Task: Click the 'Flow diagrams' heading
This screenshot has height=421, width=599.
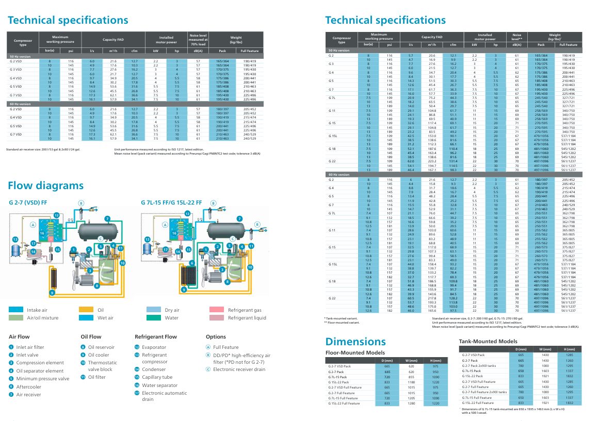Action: tap(45, 186)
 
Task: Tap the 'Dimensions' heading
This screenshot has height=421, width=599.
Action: tap(355, 342)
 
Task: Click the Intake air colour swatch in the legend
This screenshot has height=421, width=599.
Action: tap(16, 310)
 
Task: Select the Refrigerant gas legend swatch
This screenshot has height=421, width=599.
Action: tap(217, 310)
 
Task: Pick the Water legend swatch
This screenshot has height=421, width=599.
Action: tap(154, 318)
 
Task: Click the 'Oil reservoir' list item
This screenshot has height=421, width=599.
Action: tap(101, 347)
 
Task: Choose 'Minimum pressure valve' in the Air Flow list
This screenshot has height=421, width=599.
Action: tap(42, 378)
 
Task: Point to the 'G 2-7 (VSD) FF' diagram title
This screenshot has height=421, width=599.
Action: tap(29, 203)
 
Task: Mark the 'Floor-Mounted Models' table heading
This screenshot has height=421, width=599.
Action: tap(355, 352)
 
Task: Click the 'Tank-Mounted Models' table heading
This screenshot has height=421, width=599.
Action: tap(488, 341)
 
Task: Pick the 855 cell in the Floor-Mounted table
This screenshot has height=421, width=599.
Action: tap(411, 377)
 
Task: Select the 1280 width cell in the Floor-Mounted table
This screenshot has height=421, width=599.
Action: tap(411, 403)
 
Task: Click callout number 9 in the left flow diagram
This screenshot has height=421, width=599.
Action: tap(52, 293)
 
